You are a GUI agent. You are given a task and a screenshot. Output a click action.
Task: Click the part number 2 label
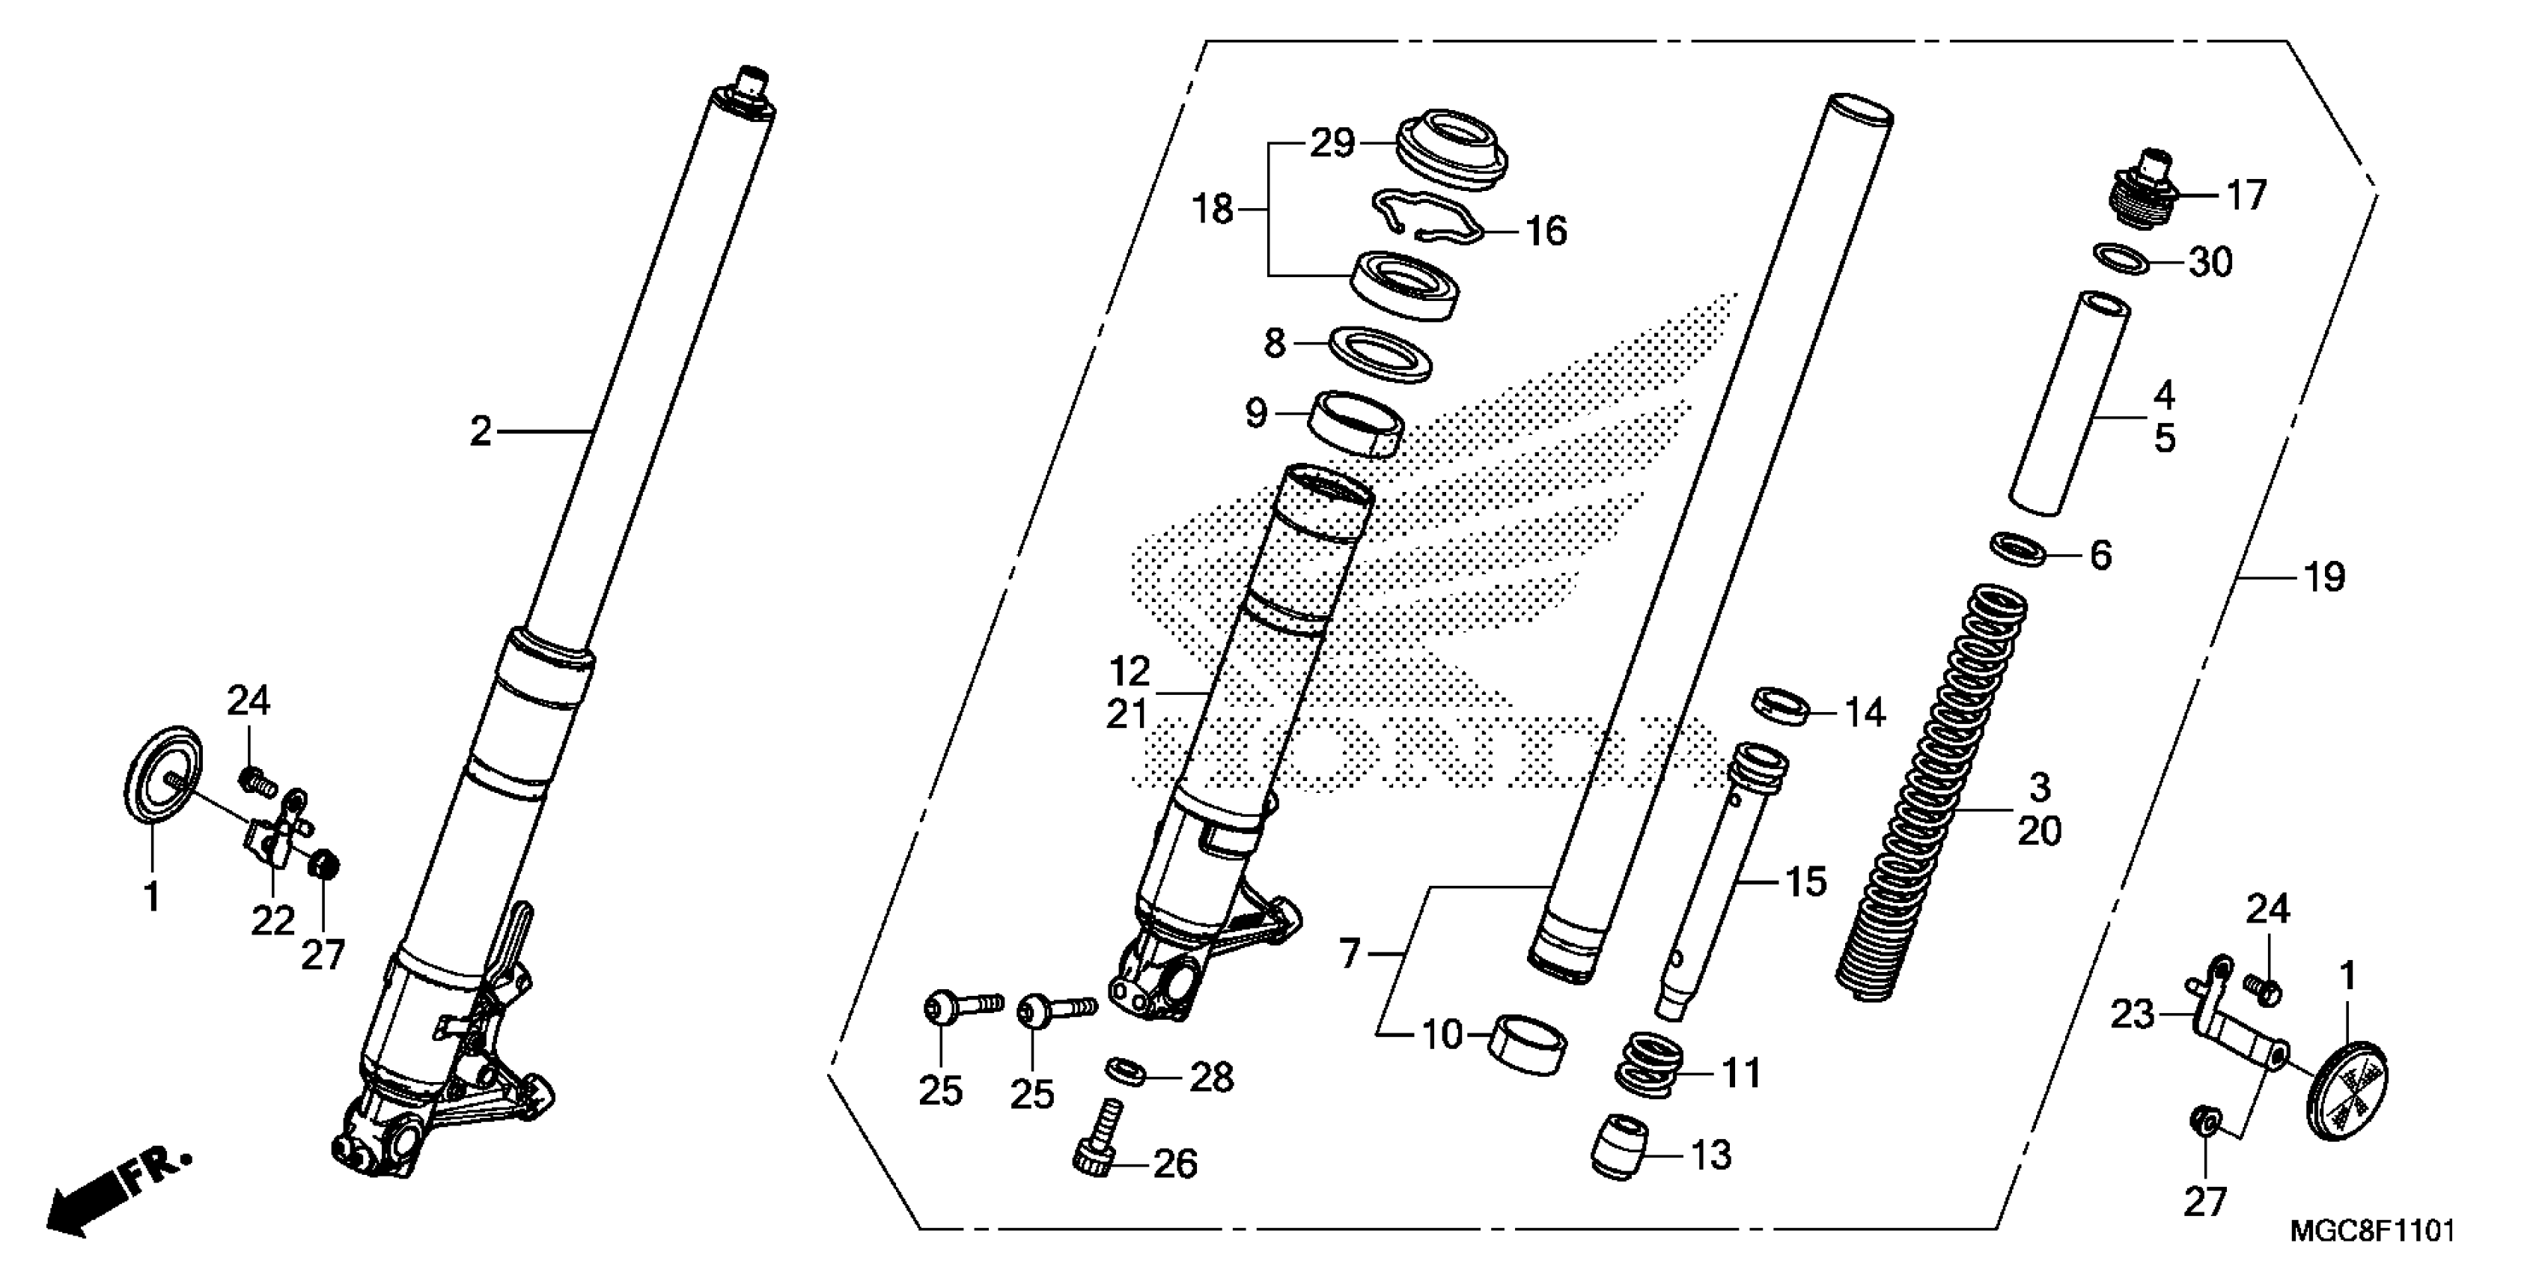coord(480,432)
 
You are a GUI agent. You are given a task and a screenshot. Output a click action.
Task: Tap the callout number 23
coord(2132,1014)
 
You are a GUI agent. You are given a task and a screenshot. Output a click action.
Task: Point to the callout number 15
coord(1806,881)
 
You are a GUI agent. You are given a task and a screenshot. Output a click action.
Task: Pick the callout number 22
coord(272,921)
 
